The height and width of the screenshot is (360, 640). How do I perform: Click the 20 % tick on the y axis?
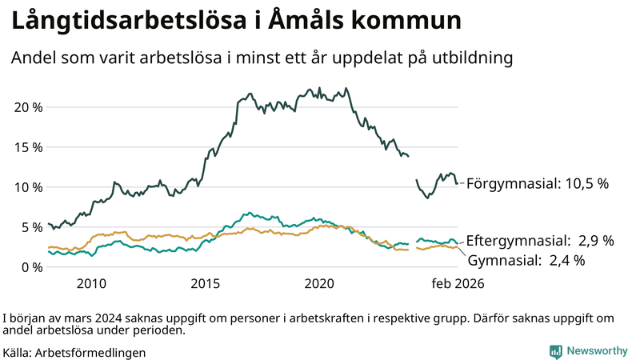(x=26, y=107)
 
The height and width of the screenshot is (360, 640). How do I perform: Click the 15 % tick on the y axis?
(x=26, y=147)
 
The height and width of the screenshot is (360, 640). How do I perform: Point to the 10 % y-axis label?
(x=26, y=187)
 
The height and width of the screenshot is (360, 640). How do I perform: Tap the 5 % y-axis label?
(x=30, y=227)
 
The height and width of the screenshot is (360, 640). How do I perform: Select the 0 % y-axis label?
(x=30, y=267)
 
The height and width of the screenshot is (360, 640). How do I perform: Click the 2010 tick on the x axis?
(x=91, y=283)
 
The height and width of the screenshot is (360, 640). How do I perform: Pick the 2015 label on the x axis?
(x=206, y=283)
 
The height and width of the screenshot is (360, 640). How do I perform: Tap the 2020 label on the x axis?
(x=320, y=283)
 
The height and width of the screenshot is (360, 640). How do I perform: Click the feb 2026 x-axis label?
(x=458, y=283)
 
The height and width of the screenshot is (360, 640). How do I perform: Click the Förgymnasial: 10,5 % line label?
(x=537, y=183)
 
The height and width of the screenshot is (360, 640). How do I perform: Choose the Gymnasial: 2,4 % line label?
(x=526, y=260)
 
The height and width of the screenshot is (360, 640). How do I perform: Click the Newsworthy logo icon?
(x=555, y=351)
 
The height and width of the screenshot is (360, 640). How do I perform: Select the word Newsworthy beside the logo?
(x=597, y=351)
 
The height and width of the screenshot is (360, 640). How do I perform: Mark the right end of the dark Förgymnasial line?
(x=458, y=184)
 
